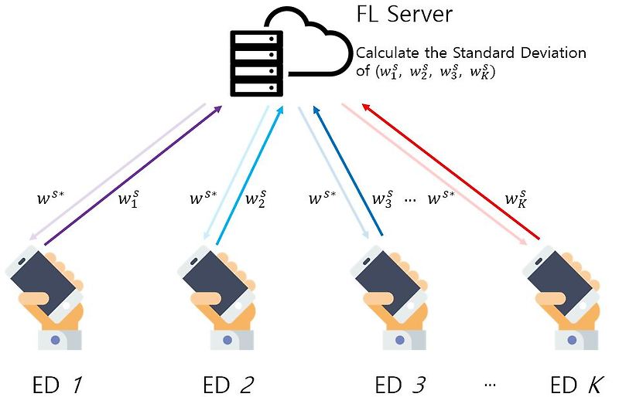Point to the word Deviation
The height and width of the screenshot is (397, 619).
(x=553, y=53)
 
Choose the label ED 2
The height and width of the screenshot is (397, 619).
(x=228, y=384)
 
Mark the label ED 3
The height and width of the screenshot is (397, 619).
(x=398, y=384)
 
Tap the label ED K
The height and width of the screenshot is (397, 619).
(x=576, y=384)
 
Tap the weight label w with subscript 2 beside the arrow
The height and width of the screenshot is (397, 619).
(x=256, y=200)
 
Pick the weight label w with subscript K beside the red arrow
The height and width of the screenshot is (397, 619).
(x=516, y=200)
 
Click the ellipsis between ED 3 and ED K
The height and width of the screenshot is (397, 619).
(x=488, y=383)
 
